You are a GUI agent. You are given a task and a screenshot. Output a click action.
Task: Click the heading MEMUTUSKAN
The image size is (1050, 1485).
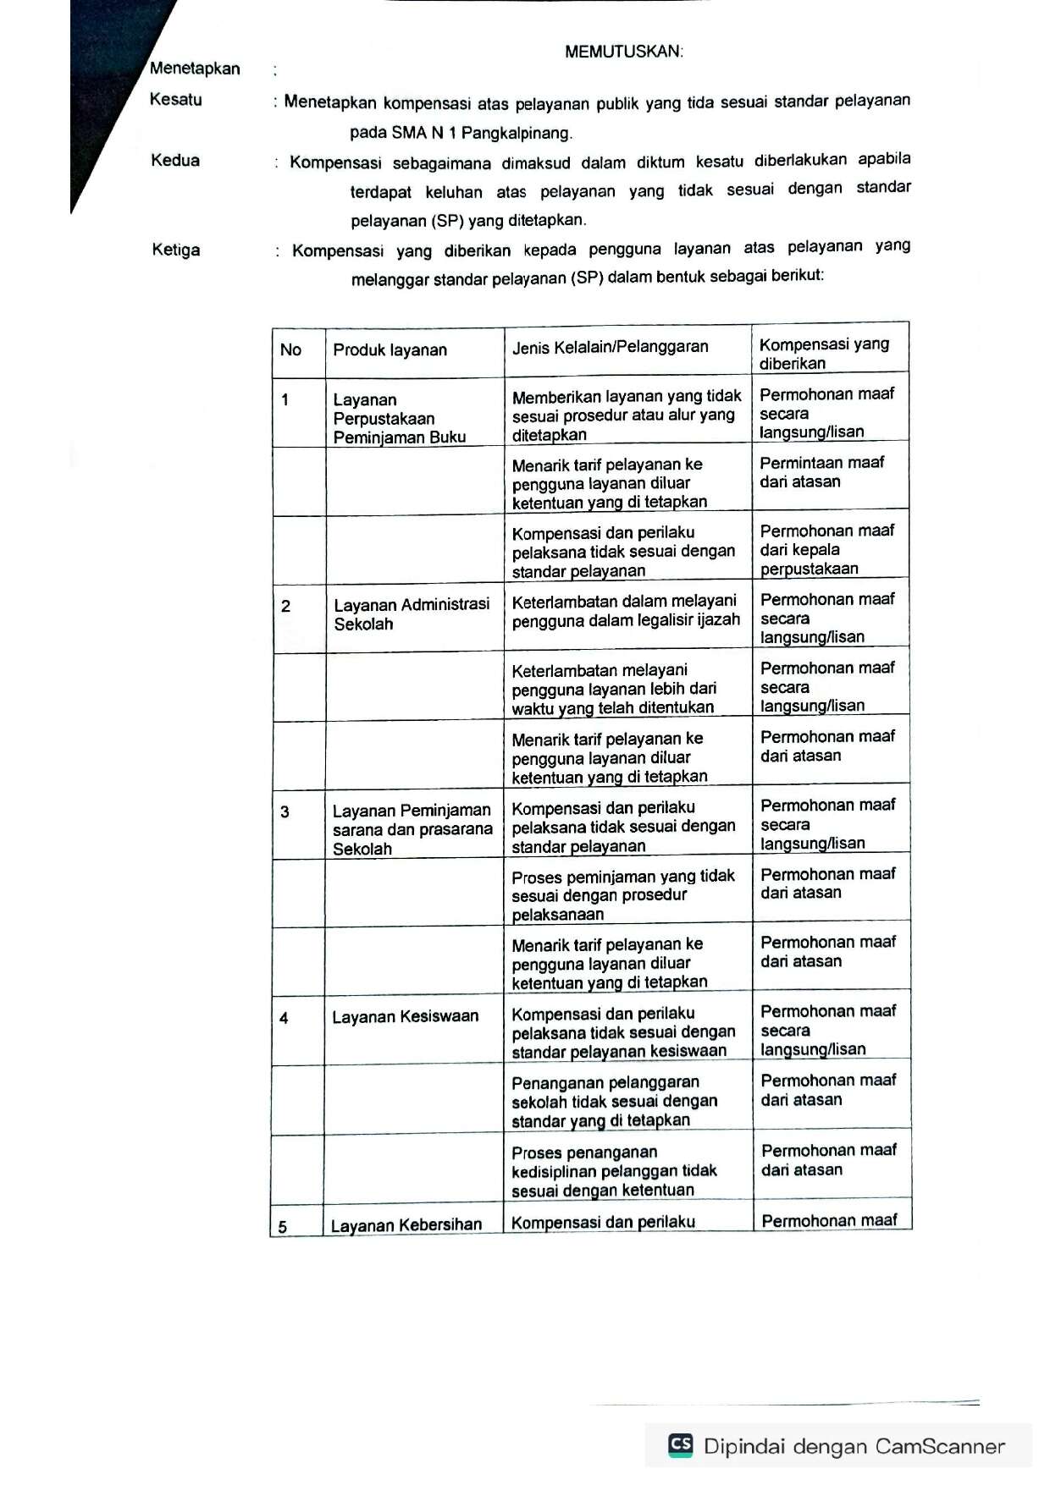[623, 52]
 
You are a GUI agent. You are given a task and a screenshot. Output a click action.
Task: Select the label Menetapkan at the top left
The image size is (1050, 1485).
[195, 69]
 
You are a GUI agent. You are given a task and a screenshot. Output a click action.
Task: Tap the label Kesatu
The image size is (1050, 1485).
[176, 100]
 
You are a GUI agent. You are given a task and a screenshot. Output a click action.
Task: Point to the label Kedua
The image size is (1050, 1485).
[175, 161]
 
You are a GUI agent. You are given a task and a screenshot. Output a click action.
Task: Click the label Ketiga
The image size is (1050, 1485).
[176, 250]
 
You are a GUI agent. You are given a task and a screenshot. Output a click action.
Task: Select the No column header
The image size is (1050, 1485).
[290, 350]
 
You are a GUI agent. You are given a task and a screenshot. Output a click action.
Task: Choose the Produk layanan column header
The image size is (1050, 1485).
[390, 350]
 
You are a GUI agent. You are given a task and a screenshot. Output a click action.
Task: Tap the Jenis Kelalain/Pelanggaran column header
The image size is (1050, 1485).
[610, 347]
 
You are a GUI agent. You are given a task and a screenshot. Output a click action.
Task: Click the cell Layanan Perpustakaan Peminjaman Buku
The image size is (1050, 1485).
[399, 418]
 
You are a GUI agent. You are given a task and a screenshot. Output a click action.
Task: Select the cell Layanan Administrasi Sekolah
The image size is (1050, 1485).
[411, 614]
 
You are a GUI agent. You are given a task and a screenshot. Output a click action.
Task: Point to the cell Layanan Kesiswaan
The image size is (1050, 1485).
[405, 1016]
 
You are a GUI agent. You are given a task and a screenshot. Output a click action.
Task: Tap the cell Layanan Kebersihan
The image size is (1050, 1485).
[406, 1224]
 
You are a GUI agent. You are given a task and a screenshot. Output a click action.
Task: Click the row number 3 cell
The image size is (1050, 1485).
[285, 812]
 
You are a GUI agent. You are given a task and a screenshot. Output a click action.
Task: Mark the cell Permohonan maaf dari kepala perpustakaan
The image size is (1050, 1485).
[826, 549]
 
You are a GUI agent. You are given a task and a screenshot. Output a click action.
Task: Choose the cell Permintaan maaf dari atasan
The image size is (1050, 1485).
[821, 472]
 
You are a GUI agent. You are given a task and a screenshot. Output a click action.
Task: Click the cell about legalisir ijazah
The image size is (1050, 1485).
[625, 610]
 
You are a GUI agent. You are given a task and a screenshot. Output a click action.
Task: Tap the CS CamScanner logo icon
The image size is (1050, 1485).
[680, 1444]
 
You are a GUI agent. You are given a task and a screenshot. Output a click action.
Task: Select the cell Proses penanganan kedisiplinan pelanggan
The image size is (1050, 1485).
[614, 1170]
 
